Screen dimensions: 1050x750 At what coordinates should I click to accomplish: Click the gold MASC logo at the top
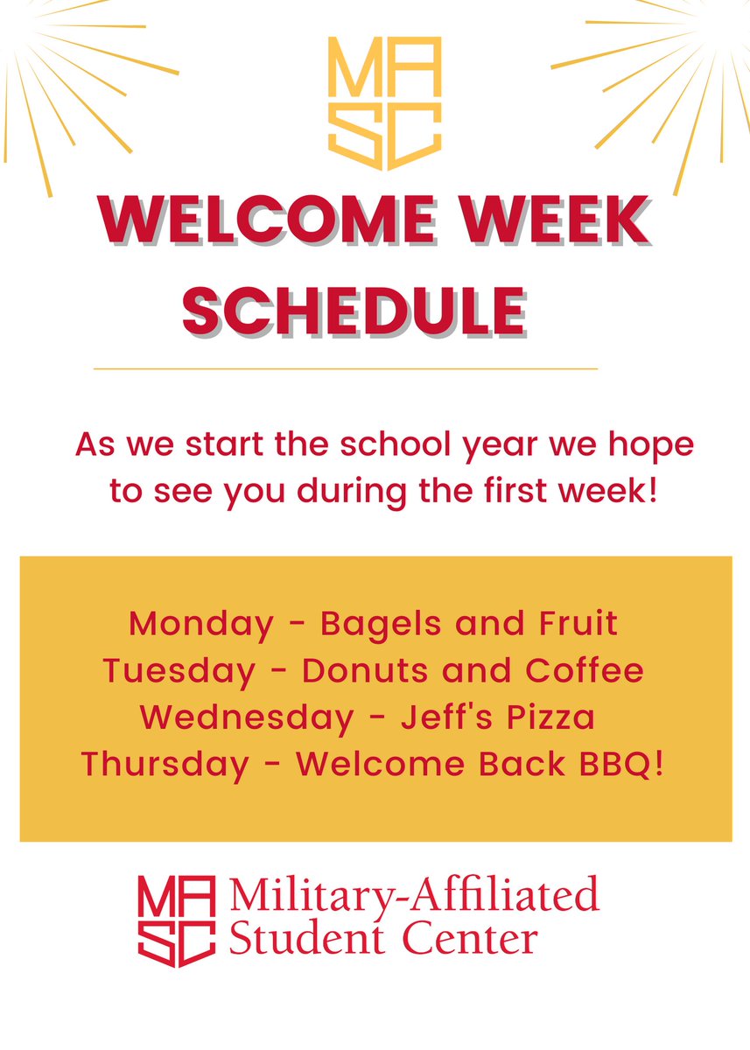pyautogui.click(x=384, y=103)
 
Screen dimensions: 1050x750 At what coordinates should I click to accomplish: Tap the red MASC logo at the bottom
pyautogui.click(x=176, y=920)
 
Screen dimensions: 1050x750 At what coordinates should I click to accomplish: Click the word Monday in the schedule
pyautogui.click(x=200, y=624)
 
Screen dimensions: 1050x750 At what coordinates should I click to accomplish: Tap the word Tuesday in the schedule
pyautogui.click(x=179, y=671)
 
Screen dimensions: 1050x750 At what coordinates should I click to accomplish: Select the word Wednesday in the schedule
pyautogui.click(x=247, y=717)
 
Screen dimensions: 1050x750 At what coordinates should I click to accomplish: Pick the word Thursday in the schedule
pyautogui.click(x=165, y=764)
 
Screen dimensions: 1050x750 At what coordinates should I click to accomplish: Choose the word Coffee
pyautogui.click(x=585, y=671)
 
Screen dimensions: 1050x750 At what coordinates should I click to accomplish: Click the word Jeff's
pyautogui.click(x=442, y=717)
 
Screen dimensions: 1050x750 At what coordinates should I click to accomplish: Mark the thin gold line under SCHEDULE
pyautogui.click(x=345, y=369)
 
